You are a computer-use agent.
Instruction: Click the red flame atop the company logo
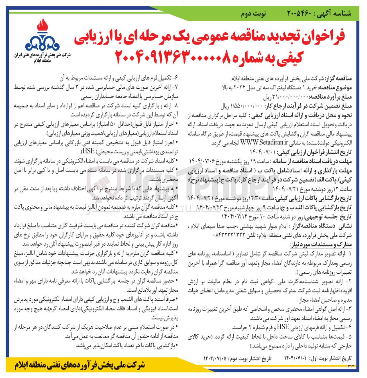(42, 27)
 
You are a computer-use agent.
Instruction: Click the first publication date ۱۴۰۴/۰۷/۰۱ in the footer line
(295, 358)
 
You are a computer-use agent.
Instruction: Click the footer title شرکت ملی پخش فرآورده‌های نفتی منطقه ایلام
(80, 365)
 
